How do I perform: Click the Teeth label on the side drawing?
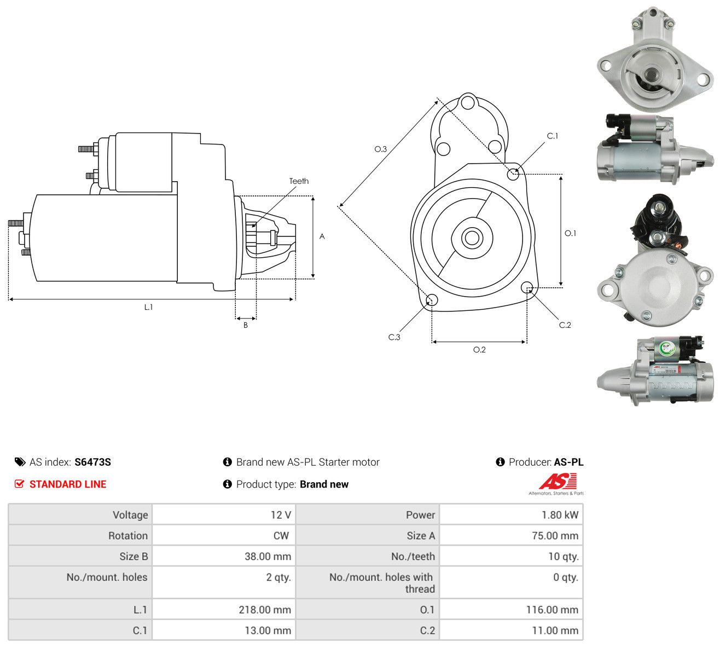[x=299, y=181]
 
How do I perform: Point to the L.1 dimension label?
[x=148, y=307]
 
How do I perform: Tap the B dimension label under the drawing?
[x=246, y=325]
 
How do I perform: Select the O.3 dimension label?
[x=380, y=149]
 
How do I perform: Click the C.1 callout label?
[x=553, y=136]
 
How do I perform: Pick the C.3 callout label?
[x=394, y=337]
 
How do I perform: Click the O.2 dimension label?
[x=479, y=350]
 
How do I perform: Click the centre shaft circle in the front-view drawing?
[x=472, y=238]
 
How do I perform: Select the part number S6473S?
[x=92, y=462]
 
